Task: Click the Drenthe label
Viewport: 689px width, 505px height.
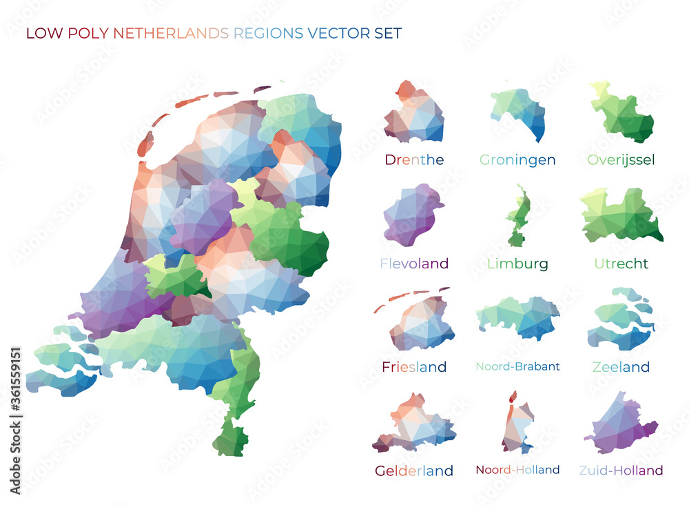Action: point(414,160)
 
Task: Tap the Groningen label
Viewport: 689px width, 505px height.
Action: point(517,160)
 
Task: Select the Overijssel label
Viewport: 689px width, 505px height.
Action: point(621,160)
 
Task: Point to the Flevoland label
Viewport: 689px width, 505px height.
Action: point(414,264)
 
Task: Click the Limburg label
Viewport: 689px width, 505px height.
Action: point(517,264)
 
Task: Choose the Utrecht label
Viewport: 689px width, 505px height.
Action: point(621,264)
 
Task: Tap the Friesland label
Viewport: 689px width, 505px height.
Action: point(414,367)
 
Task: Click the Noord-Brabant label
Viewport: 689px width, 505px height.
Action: point(517,366)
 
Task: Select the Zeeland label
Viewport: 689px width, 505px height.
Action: point(621,367)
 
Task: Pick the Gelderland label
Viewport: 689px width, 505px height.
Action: point(414,471)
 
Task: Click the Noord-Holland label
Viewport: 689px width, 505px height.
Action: point(517,470)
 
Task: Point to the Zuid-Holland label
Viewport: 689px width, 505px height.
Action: point(621,471)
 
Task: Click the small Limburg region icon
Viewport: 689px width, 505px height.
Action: point(518,217)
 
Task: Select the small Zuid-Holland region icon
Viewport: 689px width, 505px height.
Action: point(619,426)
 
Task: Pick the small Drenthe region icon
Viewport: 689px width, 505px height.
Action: point(414,113)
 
